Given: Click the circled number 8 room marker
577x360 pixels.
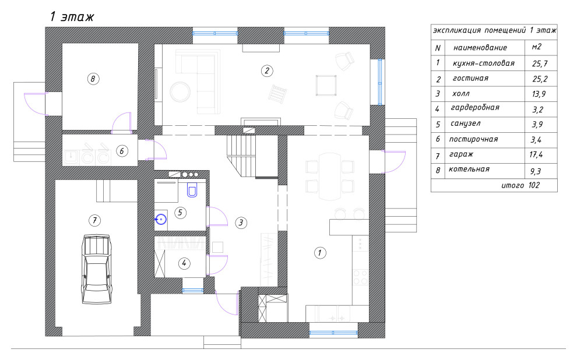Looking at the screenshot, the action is coord(93,79).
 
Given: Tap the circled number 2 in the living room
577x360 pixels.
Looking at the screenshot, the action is coord(267,70).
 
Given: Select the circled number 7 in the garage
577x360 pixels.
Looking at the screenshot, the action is coord(94,220).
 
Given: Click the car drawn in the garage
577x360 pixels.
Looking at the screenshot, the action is coord(96,269).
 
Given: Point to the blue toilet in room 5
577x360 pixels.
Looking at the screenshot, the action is coord(192,190).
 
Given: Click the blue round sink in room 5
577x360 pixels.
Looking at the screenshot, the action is coord(161,220).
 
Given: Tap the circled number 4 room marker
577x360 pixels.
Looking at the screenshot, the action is coord(184,263).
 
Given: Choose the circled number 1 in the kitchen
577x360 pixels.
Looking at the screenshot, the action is coord(320,253).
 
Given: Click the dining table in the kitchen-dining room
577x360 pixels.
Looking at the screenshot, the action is coord(330,177).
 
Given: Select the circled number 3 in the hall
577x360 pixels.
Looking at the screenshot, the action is coord(241,223).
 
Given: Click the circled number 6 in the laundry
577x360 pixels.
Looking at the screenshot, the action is coord(122,151).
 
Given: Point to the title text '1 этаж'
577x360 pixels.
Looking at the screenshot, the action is coord(72,16).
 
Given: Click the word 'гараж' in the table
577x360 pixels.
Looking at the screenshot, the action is coord(461,154).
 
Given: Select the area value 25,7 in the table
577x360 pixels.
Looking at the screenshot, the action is coord(540,63).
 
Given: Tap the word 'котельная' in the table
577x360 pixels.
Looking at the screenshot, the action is coord(469,169).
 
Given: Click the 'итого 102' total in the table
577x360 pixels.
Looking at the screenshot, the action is coord(520,185).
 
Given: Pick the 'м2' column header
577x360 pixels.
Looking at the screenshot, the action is coord(537,47).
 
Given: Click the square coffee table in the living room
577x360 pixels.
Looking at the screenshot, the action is coord(326,85).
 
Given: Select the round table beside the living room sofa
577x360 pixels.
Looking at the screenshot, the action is coord(180,92).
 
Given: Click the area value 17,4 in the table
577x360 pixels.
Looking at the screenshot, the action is coord(536,154).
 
